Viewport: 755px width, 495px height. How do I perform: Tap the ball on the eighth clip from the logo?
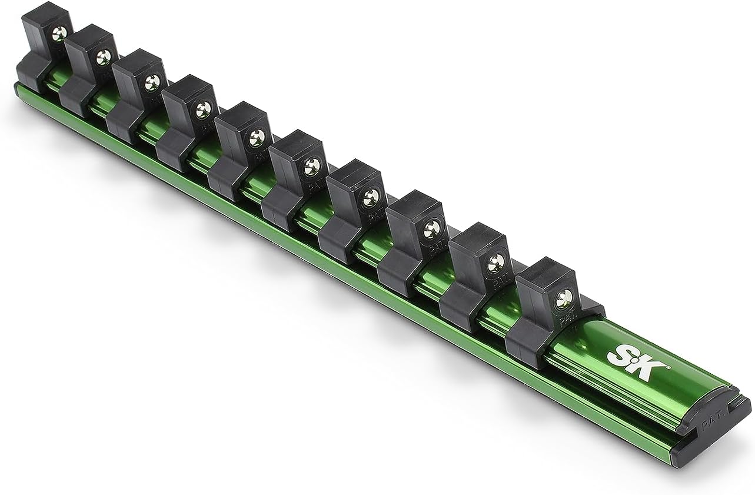tap(152, 82)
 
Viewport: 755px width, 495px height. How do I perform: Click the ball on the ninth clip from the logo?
tap(104, 56)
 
